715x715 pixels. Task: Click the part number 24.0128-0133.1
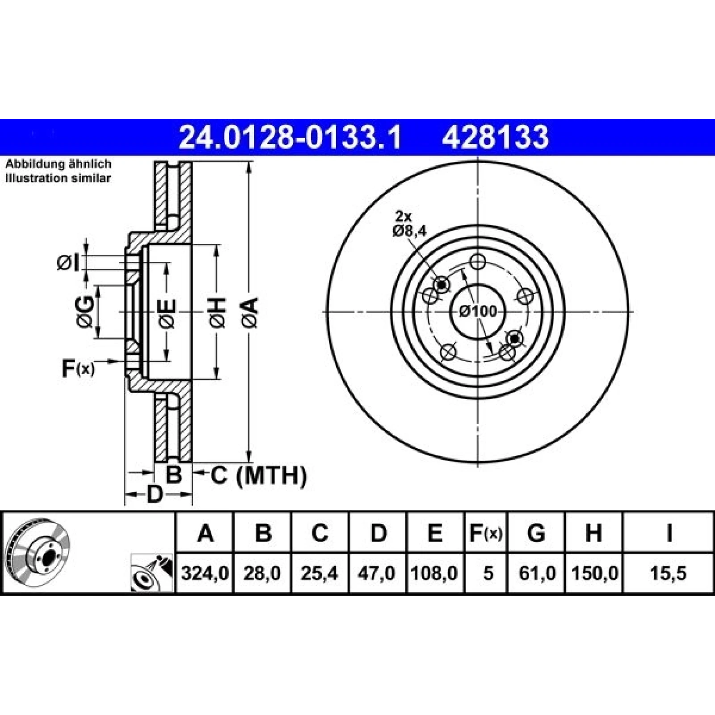290,137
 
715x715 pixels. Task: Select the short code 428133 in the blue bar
495,137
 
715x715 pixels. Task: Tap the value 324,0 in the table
205,573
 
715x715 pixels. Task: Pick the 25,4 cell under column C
319,573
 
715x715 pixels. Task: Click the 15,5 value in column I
669,573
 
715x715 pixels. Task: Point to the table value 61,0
537,573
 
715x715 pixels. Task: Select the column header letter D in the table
379,533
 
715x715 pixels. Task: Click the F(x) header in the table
486,533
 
